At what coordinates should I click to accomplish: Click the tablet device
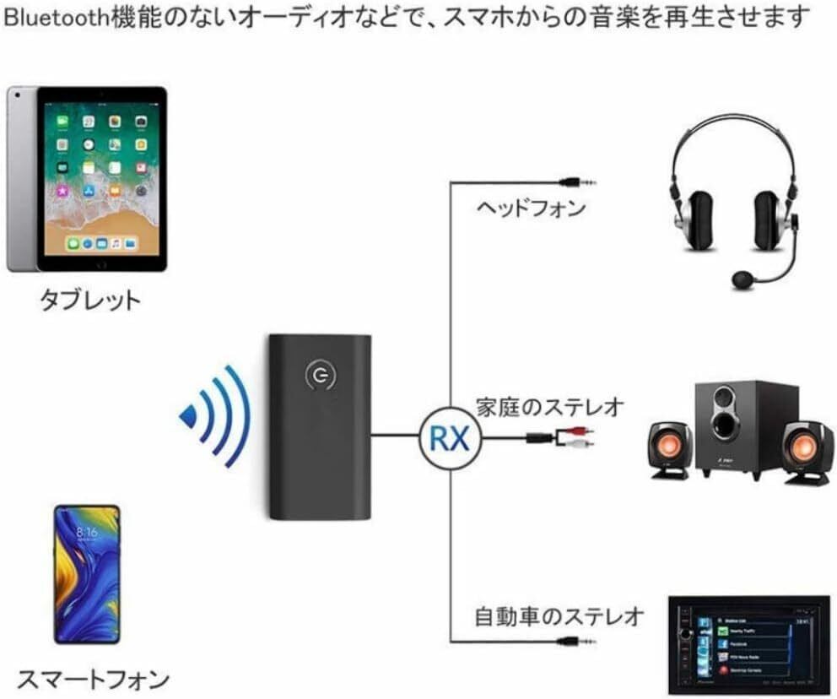pos(87,178)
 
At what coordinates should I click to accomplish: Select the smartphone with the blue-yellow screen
pos(87,573)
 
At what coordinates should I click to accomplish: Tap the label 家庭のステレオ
pos(549,407)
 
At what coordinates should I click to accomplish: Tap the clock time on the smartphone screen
pos(86,533)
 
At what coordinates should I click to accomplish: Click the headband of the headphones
pos(733,135)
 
